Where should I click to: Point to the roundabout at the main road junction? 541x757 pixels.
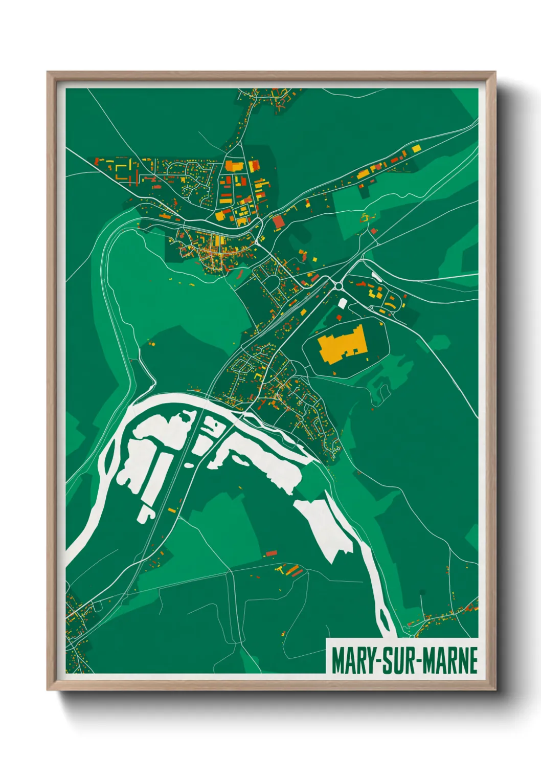(x=338, y=285)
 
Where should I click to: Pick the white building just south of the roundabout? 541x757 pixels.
(x=343, y=303)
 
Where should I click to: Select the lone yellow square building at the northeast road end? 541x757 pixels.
(x=416, y=148)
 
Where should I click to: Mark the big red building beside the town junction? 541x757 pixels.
(x=278, y=222)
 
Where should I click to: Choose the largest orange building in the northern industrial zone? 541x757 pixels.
(x=234, y=166)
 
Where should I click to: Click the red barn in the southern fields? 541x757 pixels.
(x=271, y=553)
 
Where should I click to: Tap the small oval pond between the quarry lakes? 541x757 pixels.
(x=189, y=465)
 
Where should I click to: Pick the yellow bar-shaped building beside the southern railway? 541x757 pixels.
(x=172, y=510)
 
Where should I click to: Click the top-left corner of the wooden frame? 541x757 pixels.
(x=48, y=72)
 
